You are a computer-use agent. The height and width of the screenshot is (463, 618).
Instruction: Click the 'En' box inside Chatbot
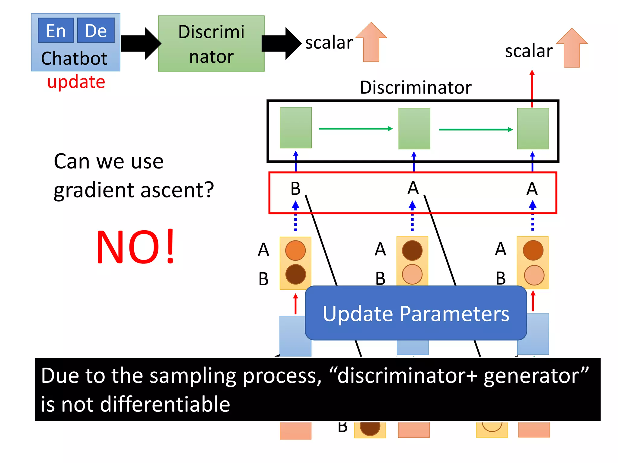(x=56, y=30)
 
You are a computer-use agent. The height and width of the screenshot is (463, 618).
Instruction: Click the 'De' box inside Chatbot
(x=96, y=30)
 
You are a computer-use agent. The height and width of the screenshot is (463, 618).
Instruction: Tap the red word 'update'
(x=76, y=82)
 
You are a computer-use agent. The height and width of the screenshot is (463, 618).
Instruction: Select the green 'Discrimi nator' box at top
(x=211, y=44)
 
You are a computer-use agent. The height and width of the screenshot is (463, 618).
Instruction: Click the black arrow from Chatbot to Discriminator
(x=140, y=43)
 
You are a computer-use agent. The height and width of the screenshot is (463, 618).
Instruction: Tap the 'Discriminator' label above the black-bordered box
(x=416, y=88)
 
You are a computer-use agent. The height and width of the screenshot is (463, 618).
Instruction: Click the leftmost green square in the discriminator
(x=295, y=128)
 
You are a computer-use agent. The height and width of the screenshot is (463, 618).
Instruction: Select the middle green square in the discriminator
(x=414, y=129)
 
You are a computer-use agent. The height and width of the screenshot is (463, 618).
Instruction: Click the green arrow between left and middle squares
(x=355, y=129)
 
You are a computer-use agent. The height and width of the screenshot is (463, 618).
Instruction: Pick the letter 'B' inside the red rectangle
(x=295, y=189)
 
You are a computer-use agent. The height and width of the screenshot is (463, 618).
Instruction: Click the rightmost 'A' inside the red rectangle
(x=532, y=189)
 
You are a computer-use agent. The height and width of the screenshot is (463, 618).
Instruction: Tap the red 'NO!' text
(x=135, y=247)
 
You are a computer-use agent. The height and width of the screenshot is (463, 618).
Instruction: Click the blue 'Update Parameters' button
(x=416, y=313)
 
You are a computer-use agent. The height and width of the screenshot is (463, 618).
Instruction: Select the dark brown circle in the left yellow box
(x=295, y=274)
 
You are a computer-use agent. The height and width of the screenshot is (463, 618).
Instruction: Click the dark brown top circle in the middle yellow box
(x=412, y=250)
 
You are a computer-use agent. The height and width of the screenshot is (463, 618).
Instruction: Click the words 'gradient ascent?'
(x=134, y=190)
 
